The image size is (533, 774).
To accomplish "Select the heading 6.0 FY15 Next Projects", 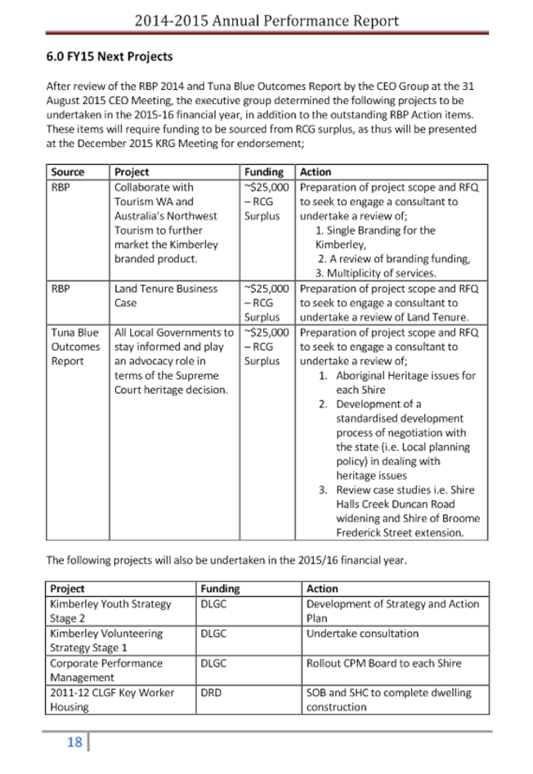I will tap(110, 57).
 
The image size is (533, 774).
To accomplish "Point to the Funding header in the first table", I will tap(265, 173).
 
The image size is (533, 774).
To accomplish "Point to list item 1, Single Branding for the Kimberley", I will tap(375, 231).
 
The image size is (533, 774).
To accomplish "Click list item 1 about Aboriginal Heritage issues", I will tap(398, 382).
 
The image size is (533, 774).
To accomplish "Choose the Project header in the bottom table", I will tap(68, 588).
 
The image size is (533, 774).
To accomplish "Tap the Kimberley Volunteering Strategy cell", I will tap(106, 639).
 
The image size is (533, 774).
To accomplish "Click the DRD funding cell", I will tap(212, 693).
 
